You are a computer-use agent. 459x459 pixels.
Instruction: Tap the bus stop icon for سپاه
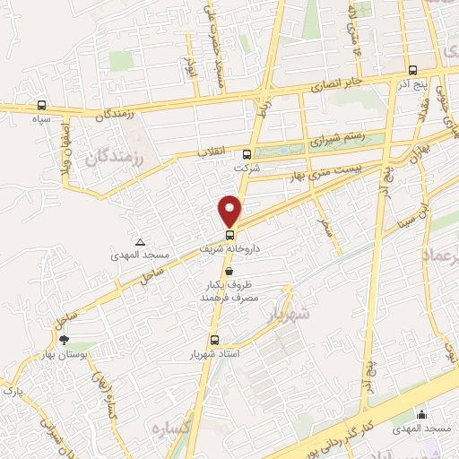tap(42, 104)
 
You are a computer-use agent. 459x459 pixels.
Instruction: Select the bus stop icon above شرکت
tap(247, 153)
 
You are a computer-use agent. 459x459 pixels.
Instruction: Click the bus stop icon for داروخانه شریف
tap(229, 235)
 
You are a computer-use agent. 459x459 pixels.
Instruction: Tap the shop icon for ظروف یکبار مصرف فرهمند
tap(229, 270)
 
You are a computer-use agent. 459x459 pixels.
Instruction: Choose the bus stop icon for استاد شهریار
tap(213, 340)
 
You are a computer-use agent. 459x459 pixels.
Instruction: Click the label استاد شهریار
tap(213, 355)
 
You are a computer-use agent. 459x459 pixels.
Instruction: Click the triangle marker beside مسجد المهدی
tap(140, 242)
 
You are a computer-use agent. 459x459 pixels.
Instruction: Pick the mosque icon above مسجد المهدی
tap(421, 414)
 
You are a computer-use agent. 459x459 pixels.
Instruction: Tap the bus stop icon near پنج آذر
tap(411, 70)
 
